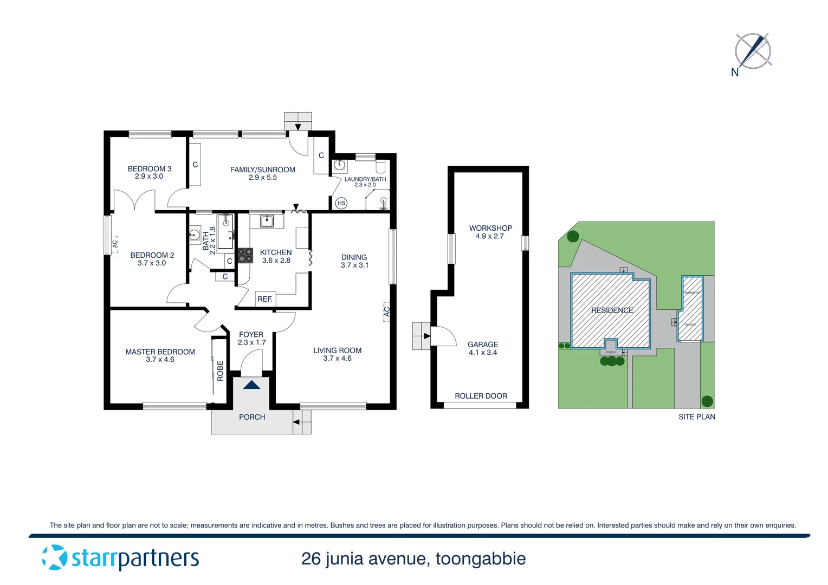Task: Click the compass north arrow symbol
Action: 753,51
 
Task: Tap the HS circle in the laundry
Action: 341,203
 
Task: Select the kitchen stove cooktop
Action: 245,256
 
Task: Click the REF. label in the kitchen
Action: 265,299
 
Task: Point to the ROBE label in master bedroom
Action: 220,371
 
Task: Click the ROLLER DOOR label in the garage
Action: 481,396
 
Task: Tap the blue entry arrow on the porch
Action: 251,385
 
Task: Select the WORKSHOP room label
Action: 490,228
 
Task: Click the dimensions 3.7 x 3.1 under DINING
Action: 354,265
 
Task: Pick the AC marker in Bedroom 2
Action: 115,244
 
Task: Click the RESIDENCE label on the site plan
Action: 612,310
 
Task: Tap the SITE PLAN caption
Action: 696,417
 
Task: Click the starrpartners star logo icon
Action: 55,557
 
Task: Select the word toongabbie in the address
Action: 480,558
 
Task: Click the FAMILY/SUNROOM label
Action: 263,170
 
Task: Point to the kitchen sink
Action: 267,221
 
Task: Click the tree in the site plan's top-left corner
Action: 573,236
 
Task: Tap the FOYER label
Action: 251,335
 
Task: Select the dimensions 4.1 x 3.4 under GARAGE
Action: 483,353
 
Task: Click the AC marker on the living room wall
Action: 386,312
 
